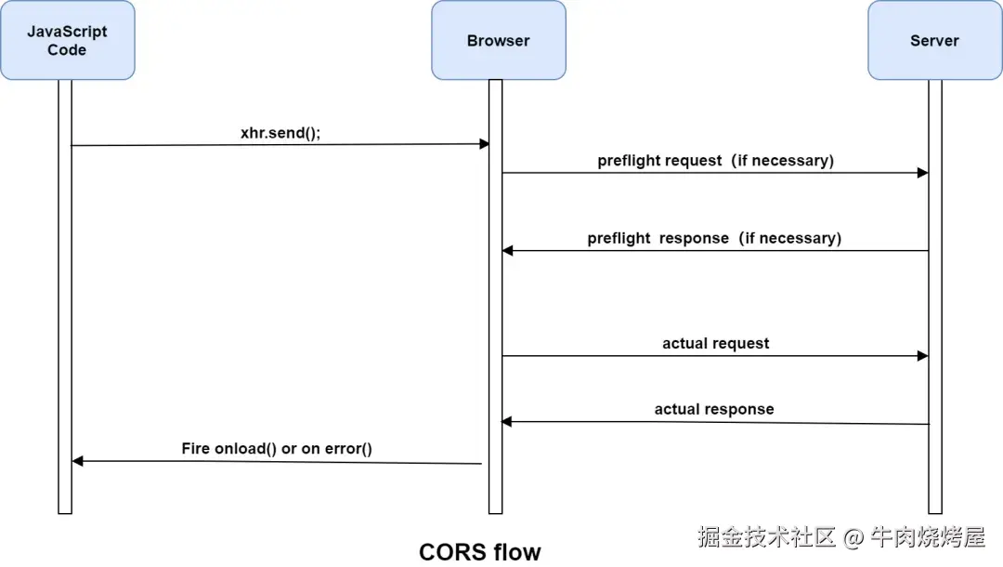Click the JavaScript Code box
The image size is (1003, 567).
click(67, 40)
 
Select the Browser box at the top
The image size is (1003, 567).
click(498, 40)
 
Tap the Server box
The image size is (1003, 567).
click(934, 40)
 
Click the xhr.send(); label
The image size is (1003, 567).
click(280, 133)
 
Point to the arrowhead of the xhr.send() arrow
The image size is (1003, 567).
click(484, 144)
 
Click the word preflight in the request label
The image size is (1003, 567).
click(627, 161)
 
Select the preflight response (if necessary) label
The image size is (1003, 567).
click(714, 238)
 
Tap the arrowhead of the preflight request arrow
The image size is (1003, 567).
click(923, 173)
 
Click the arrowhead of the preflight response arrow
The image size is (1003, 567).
click(507, 250)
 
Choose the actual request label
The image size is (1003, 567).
click(715, 343)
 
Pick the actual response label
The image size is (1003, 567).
click(713, 409)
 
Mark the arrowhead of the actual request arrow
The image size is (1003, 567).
click(923, 356)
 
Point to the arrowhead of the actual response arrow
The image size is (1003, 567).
click(507, 422)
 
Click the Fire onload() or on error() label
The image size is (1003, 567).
click(277, 449)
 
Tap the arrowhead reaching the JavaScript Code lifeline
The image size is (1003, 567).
click(78, 461)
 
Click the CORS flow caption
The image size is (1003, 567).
click(479, 551)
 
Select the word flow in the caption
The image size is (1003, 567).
click(516, 551)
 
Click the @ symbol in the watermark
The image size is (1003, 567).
click(853, 536)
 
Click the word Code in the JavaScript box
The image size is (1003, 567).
click(67, 50)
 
